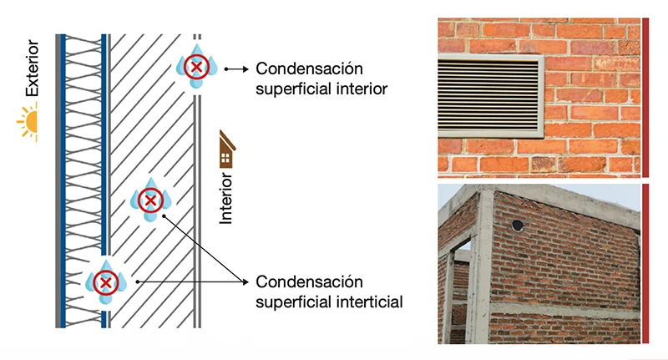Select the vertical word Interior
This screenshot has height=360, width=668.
(225, 198)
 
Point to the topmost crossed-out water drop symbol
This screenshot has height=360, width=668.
(197, 66)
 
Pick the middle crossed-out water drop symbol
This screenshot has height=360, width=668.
(149, 200)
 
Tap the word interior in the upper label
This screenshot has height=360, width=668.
(360, 88)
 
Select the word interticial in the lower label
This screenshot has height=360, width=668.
(364, 301)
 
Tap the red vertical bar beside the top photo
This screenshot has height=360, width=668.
(645, 97)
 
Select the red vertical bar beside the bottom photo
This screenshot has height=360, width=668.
(645, 263)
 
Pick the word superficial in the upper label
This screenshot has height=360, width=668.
(296, 88)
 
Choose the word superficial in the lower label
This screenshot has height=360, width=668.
(296, 301)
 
